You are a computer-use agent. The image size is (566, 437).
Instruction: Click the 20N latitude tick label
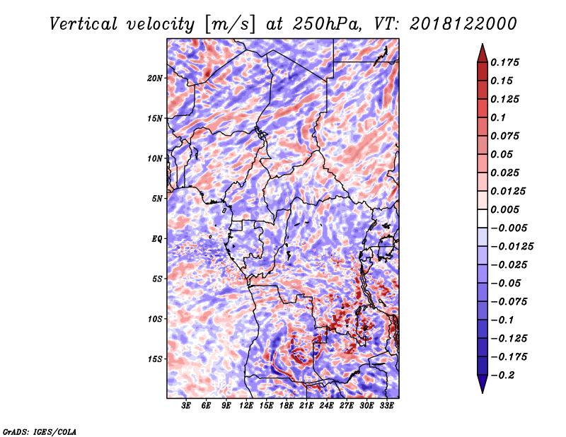coord(155,78)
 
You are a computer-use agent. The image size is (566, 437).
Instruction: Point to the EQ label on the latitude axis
coord(157,239)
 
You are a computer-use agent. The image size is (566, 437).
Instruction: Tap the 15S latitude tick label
coord(155,359)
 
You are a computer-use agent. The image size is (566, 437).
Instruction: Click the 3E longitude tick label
coord(186,407)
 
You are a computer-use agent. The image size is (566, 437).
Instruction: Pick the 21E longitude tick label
coord(306,407)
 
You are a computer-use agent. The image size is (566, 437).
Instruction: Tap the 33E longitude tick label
coord(387,407)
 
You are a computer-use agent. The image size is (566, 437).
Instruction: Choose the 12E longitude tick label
coord(246,407)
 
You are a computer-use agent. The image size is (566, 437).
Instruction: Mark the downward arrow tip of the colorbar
coord(482,392)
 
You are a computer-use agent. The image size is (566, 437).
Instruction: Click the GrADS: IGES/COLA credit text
coord(39,431)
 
